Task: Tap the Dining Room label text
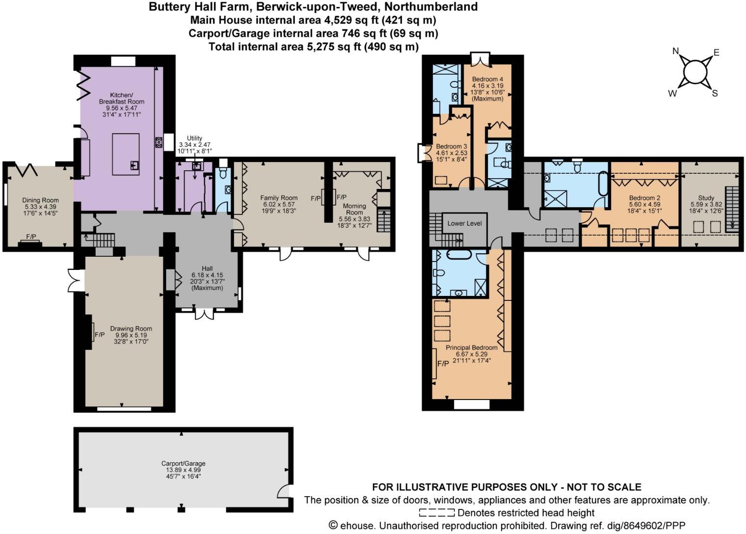click(x=40, y=200)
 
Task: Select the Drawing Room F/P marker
click(x=100, y=335)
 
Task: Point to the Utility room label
click(x=194, y=138)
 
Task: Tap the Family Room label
click(x=279, y=198)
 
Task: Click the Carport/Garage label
click(x=183, y=463)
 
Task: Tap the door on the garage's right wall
click(x=285, y=490)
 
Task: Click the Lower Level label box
click(x=464, y=223)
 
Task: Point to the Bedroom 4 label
click(x=487, y=79)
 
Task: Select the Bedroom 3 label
click(x=451, y=146)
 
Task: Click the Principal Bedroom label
click(x=471, y=347)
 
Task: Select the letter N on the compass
click(x=675, y=52)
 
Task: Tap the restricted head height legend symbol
click(x=436, y=513)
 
